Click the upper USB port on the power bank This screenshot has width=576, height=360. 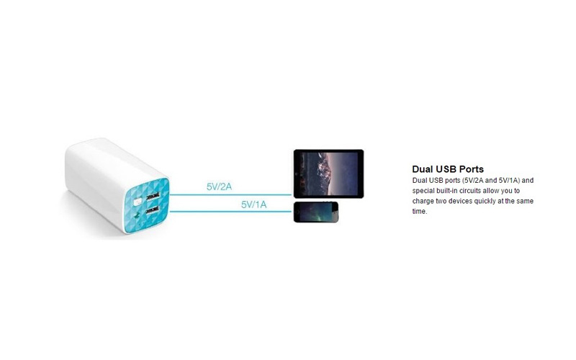[x=153, y=196]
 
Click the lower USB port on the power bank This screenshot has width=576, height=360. [x=152, y=210]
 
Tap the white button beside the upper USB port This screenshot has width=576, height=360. [x=138, y=202]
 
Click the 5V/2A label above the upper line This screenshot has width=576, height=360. [x=219, y=186]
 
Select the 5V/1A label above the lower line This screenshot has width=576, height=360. [x=253, y=204]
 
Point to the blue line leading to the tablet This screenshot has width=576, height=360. [x=230, y=194]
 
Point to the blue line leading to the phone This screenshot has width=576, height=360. [x=230, y=212]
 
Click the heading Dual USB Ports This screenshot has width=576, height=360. [x=448, y=169]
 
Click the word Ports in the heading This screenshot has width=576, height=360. [x=472, y=169]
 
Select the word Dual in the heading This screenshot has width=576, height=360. [x=423, y=169]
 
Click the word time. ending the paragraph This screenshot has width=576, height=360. [x=420, y=211]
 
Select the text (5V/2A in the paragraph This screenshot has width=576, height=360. [x=473, y=181]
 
